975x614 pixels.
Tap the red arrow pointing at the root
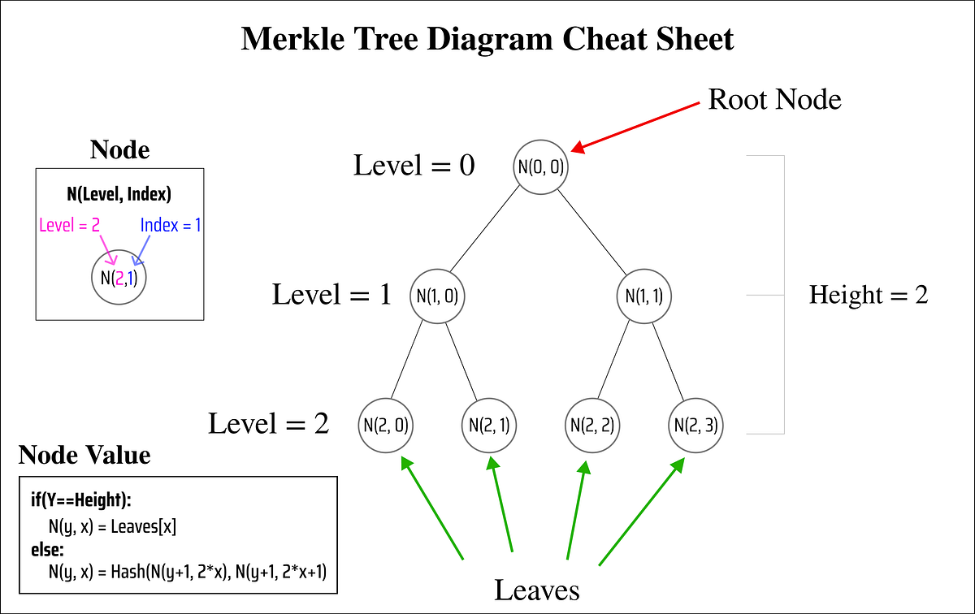pyautogui.click(x=635, y=127)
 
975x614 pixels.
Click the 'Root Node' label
pyautogui.click(x=774, y=99)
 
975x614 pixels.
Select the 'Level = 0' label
pyautogui.click(x=414, y=166)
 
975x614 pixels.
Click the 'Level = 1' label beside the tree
pyautogui.click(x=331, y=294)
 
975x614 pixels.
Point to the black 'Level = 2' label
pyautogui.click(x=268, y=423)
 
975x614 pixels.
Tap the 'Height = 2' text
pyautogui.click(x=868, y=295)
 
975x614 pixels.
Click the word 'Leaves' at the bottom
pyautogui.click(x=537, y=589)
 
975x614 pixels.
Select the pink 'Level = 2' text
pyautogui.click(x=69, y=225)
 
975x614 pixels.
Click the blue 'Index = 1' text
pyautogui.click(x=171, y=225)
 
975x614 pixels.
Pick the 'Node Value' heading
pyautogui.click(x=84, y=456)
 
